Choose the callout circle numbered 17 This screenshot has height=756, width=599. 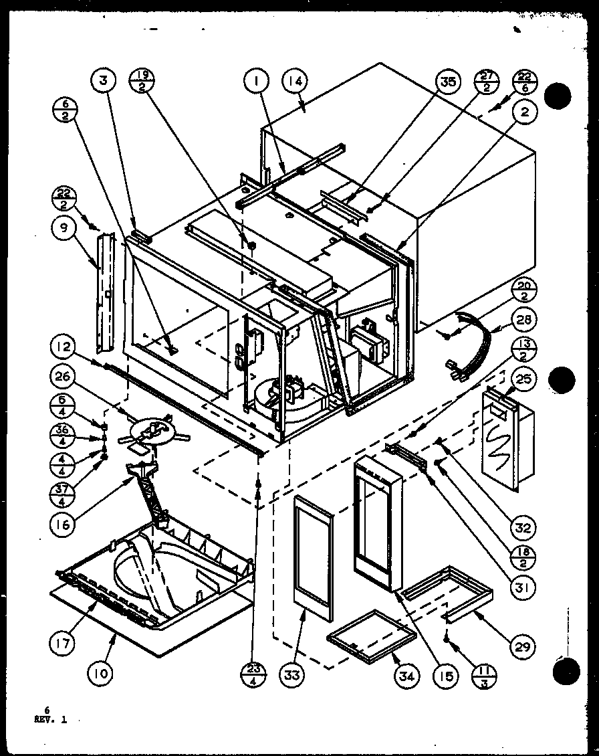pos(62,644)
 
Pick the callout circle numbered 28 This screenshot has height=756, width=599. pos(525,320)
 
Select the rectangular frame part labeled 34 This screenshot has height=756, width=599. pos(372,632)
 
